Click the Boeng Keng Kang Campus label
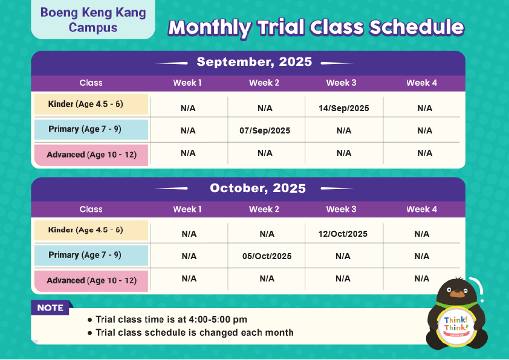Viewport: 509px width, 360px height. point(93,20)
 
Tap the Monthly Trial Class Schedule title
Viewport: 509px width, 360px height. point(316,28)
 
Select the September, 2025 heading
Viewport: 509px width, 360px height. point(254,62)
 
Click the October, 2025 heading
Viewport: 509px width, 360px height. point(258,188)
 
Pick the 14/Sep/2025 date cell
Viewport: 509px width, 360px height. point(344,108)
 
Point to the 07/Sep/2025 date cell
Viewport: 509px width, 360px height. point(265,130)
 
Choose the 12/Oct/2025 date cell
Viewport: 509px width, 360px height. point(343,234)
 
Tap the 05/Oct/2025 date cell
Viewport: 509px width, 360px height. point(267,256)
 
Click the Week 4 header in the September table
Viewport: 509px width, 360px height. point(422,83)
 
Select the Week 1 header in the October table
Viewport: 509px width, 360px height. point(187,209)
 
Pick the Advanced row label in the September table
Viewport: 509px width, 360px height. point(91,155)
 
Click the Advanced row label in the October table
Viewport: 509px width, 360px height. point(91,281)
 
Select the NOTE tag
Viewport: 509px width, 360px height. point(50,307)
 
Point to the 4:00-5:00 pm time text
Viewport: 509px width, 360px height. point(218,320)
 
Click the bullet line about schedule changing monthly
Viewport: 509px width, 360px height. point(191,333)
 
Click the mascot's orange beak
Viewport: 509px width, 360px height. point(458,294)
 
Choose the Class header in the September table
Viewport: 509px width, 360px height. point(91,83)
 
